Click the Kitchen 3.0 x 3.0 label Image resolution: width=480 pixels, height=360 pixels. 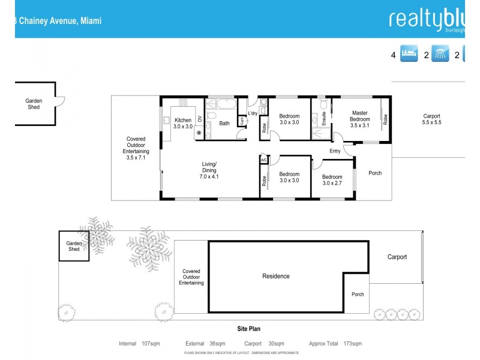[x=183, y=124]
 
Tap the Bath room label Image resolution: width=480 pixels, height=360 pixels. [x=224, y=124]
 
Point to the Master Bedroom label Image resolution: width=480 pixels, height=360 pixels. [x=360, y=116]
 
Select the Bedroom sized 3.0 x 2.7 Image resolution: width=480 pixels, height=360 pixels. [x=332, y=180]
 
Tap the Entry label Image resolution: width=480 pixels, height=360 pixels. [x=335, y=151]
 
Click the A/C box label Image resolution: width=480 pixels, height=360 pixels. [x=263, y=160]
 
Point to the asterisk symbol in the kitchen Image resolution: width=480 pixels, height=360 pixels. [x=199, y=133]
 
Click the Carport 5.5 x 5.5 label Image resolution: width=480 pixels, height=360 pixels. [x=431, y=119]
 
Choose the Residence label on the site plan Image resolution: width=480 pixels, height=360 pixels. [x=276, y=276]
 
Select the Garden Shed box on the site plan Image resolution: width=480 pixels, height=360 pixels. [x=74, y=246]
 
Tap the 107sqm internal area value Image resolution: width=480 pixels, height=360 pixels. [x=150, y=344]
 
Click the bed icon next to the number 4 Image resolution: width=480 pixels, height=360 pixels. [x=409, y=55]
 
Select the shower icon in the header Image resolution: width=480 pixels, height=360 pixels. [x=441, y=55]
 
